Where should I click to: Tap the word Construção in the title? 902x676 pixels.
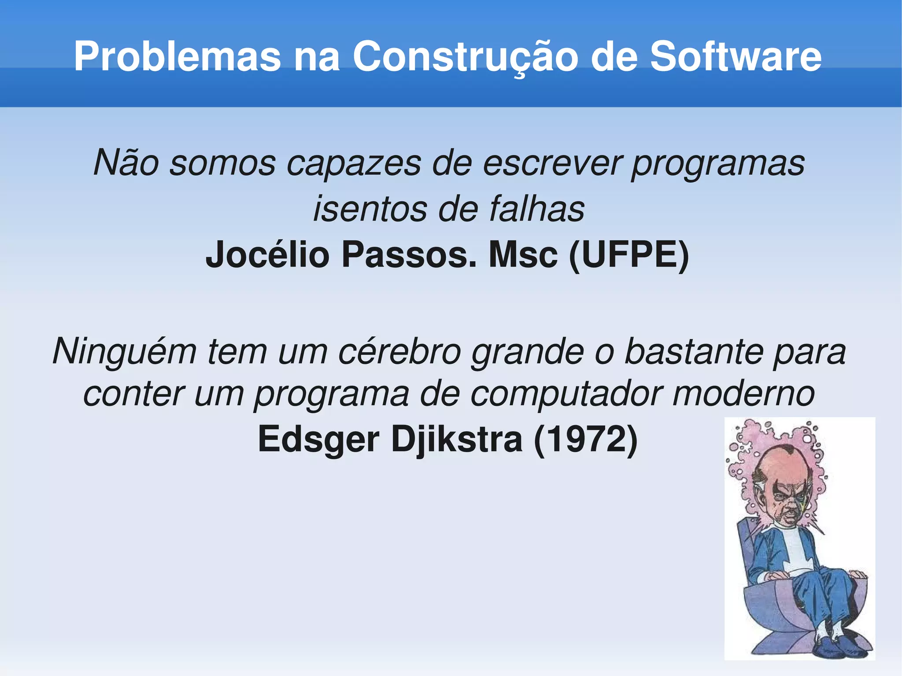tap(465, 56)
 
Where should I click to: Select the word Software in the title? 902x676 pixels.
tap(736, 56)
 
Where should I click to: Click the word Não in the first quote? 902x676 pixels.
tap(126, 163)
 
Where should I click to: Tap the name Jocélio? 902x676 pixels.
tap(267, 255)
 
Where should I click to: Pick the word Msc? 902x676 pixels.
tap(523, 255)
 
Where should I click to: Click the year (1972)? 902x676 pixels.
tap(585, 440)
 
